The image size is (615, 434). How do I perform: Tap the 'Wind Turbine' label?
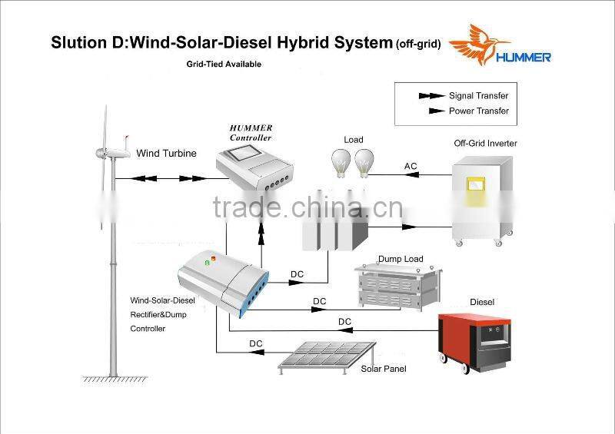tap(166, 153)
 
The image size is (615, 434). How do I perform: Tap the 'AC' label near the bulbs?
tap(411, 166)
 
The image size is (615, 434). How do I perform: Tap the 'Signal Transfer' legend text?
tap(479, 96)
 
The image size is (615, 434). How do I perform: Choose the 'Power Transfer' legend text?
tap(479, 111)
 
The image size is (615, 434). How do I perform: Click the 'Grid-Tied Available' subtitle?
tap(223, 65)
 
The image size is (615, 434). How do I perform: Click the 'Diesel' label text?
tap(482, 302)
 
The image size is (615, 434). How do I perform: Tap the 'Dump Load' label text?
tap(401, 259)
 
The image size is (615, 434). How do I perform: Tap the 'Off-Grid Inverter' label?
tap(485, 143)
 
